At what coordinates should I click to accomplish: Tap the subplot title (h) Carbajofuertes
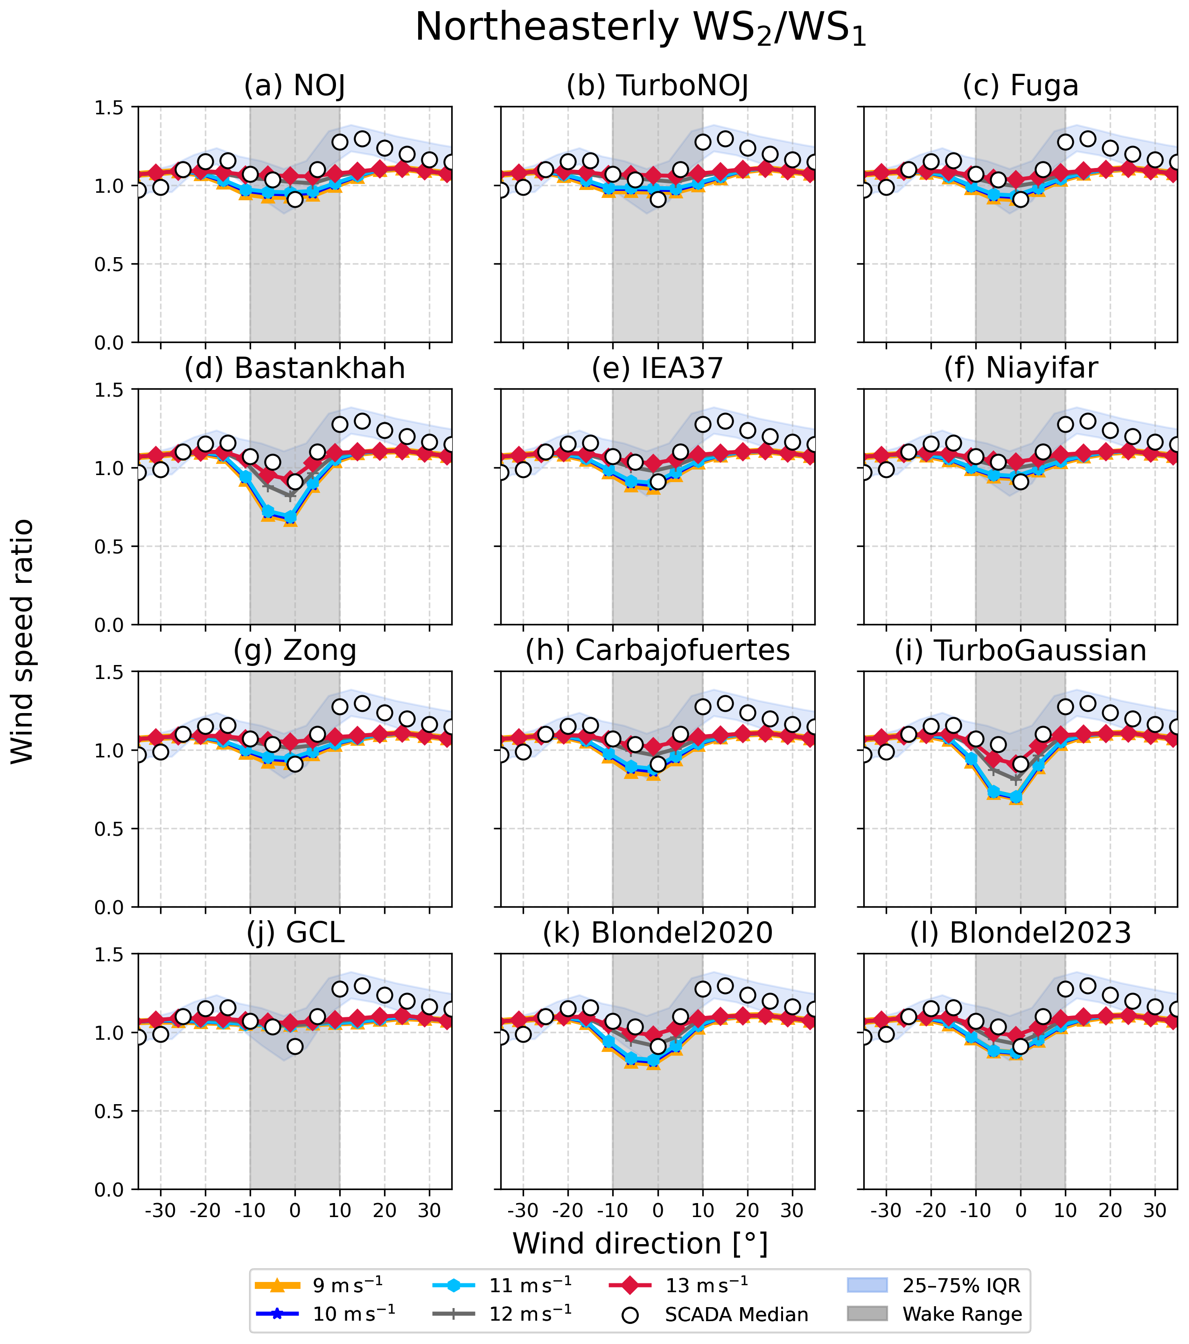[657, 651]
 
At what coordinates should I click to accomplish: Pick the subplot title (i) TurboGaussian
[1021, 651]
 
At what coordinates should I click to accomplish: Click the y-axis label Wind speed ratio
[23, 641]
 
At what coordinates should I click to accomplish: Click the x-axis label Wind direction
[641, 1244]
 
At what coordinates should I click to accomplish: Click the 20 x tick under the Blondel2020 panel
[747, 1211]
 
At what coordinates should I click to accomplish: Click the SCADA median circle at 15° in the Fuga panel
[1088, 139]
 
